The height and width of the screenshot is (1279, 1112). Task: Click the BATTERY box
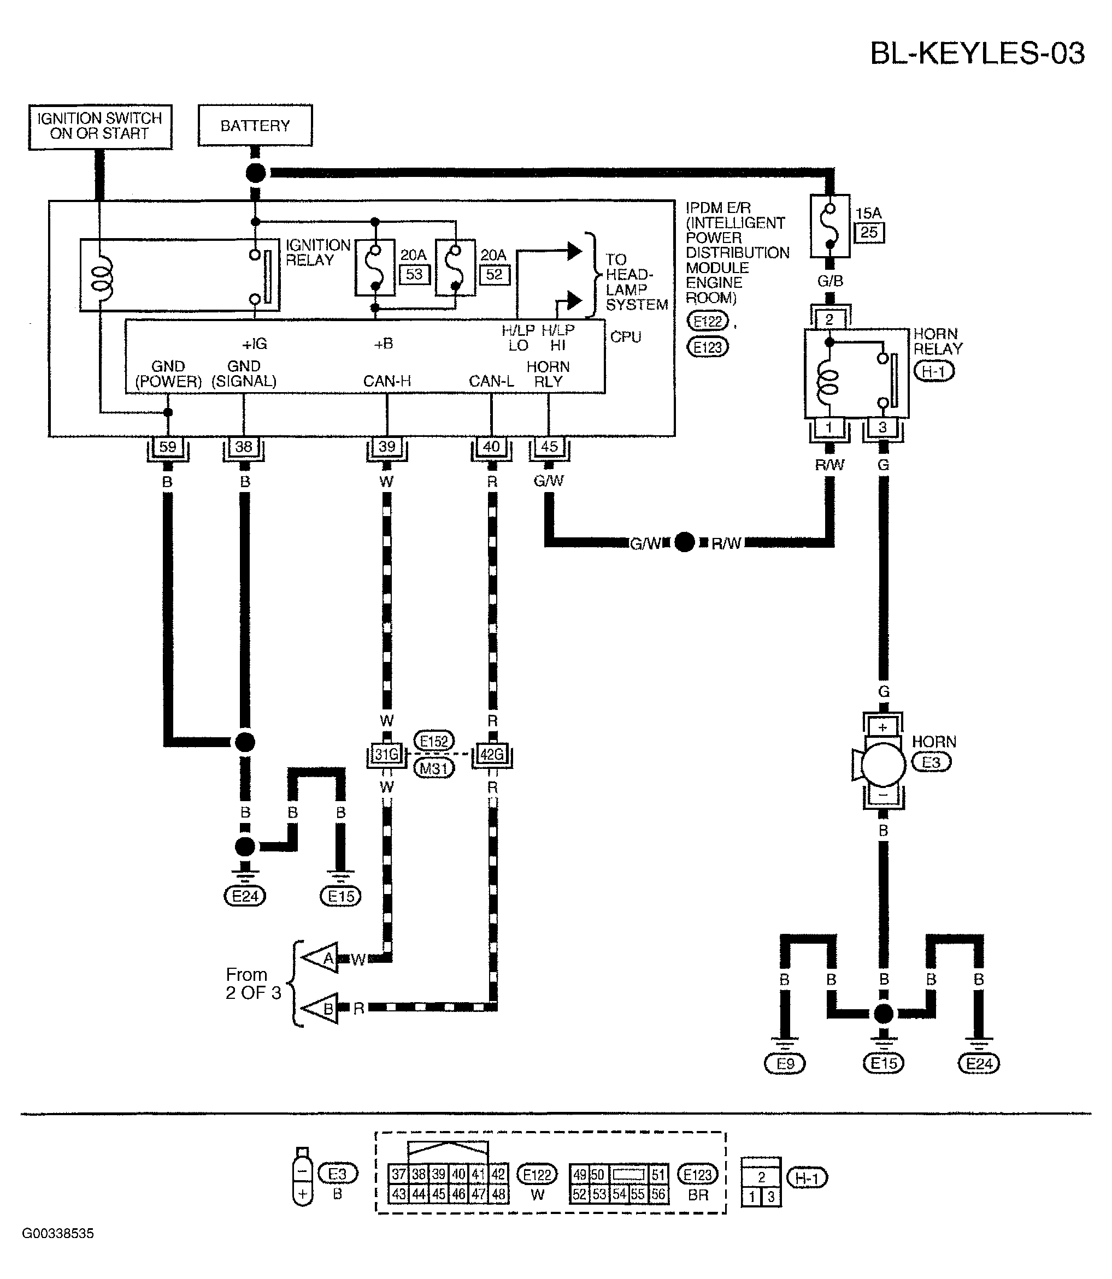tap(255, 126)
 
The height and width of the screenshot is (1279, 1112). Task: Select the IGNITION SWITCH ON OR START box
tap(100, 127)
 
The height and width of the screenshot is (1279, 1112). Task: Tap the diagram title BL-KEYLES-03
tap(978, 54)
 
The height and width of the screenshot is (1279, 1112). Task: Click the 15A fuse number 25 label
tap(869, 233)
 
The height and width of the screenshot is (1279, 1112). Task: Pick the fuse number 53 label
tap(414, 274)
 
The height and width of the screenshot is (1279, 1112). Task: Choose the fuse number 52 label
tap(495, 274)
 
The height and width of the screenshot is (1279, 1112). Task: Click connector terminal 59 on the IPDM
tap(168, 447)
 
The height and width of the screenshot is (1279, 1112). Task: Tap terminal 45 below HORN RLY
tap(549, 446)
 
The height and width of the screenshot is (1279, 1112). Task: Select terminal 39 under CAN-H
tap(386, 447)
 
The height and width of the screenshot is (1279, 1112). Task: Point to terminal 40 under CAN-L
tap(491, 447)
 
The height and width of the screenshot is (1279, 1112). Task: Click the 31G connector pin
tap(386, 754)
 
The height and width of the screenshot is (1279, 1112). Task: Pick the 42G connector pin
tap(492, 754)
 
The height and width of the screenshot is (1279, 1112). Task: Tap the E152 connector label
tap(434, 741)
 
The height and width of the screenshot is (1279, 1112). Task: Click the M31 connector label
tap(434, 768)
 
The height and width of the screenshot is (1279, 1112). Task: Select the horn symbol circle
tap(883, 762)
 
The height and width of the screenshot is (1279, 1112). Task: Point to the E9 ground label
tap(785, 1064)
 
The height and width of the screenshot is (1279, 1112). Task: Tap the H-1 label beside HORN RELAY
tap(934, 371)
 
